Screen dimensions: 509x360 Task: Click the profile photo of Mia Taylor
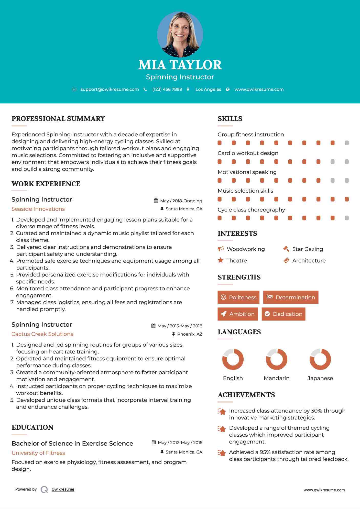[x=180, y=34]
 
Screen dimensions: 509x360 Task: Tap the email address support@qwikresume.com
[x=110, y=89]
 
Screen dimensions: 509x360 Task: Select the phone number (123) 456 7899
[x=167, y=89]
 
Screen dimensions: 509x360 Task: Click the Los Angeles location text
[x=208, y=89]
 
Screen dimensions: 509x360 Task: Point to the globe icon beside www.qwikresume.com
[x=228, y=89]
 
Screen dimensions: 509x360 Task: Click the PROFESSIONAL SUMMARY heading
[x=58, y=119]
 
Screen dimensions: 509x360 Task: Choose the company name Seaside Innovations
[x=38, y=209]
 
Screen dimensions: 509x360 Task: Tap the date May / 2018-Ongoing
[x=181, y=201]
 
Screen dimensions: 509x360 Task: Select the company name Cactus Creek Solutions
[x=42, y=334]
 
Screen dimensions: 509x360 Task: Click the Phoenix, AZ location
[x=190, y=334]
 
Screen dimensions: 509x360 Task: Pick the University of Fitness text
[x=38, y=453]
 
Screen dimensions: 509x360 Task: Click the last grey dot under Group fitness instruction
[x=347, y=143]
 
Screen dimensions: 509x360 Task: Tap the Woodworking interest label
[x=246, y=249]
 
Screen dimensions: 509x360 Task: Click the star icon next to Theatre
[x=221, y=260]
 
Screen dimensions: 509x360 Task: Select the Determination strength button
[x=291, y=297]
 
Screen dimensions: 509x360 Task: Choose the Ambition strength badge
[x=238, y=314]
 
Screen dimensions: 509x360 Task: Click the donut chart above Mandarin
[x=277, y=359]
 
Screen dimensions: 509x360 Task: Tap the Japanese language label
[x=320, y=378]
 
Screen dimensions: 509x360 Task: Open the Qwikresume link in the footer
[x=63, y=489]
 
